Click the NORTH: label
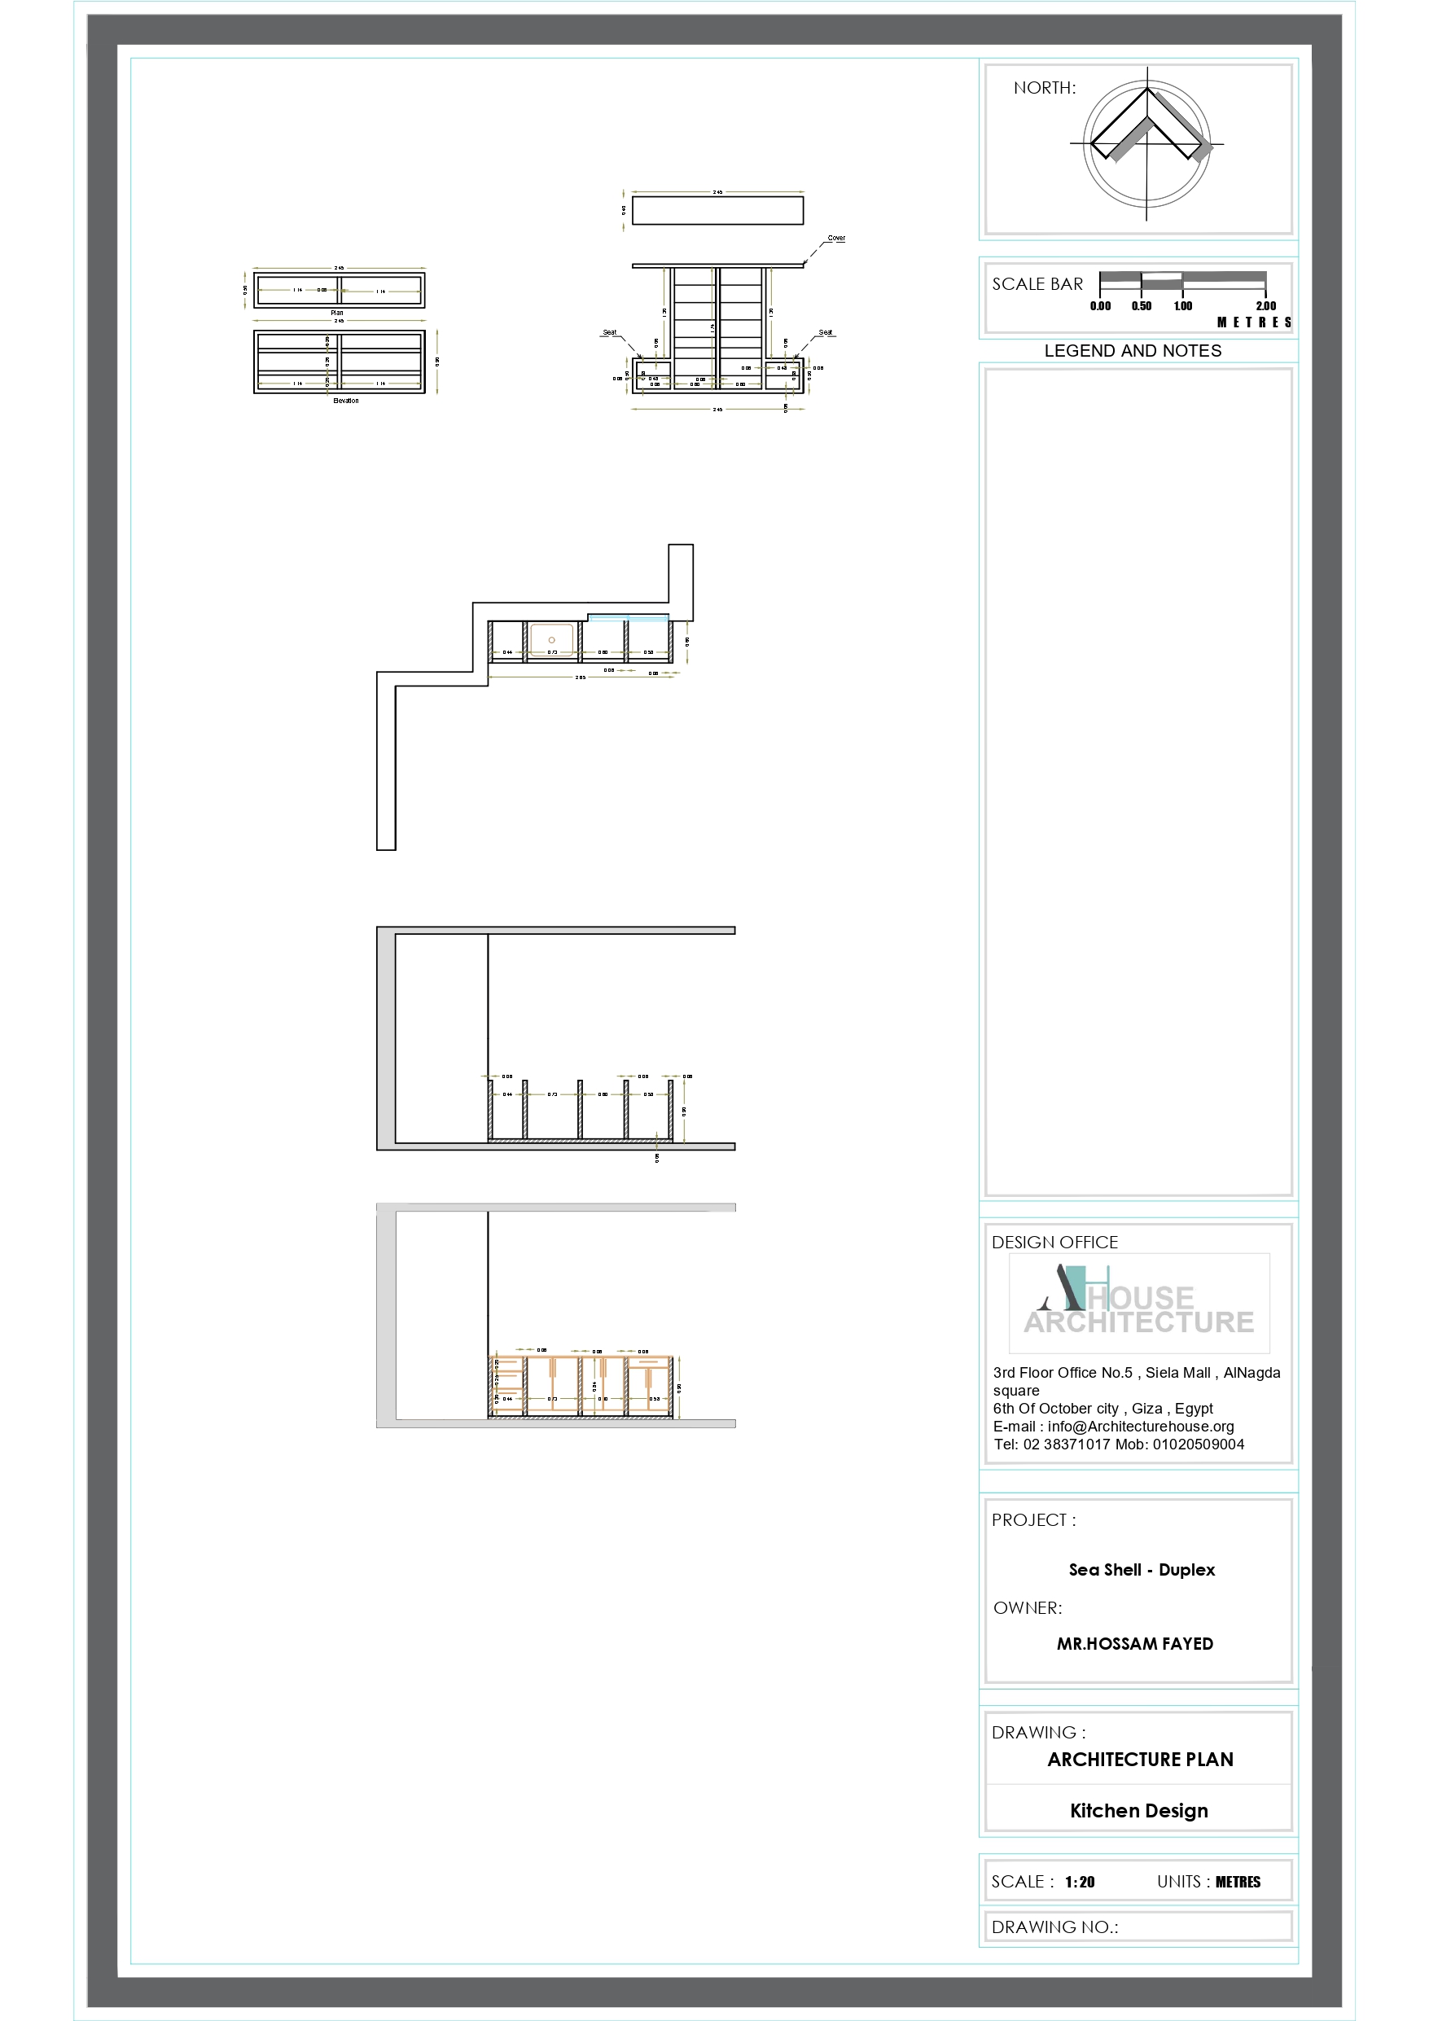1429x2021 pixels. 1044,88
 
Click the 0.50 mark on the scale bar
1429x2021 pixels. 1141,306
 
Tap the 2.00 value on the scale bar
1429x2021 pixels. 1265,306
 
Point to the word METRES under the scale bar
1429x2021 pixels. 1254,323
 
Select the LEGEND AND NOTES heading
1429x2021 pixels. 1133,350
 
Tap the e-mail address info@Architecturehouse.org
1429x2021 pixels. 1140,1427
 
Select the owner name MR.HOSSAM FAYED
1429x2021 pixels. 1135,1644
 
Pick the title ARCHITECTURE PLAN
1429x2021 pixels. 1140,1760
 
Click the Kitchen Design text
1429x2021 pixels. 1138,1811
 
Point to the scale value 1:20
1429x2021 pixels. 1080,1882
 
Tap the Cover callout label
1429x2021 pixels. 835,239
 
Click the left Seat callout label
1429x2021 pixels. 609,333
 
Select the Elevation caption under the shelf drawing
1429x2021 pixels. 345,401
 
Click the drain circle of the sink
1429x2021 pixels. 552,640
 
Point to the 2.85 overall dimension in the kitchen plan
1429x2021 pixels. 581,677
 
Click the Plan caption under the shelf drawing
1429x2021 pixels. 337,313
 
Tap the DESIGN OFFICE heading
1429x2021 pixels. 1054,1242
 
